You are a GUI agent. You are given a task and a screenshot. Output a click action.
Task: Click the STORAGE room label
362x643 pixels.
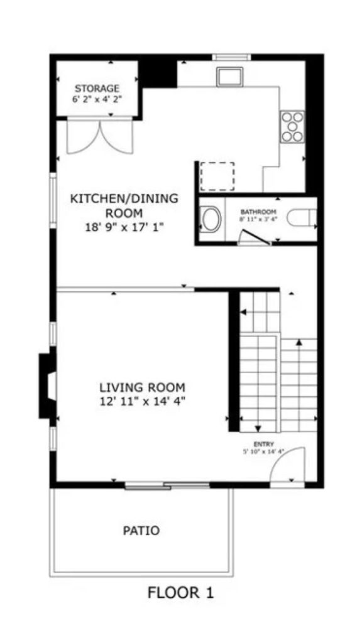pos(97,88)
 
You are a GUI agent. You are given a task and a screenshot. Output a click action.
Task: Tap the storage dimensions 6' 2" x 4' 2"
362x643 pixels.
pos(97,99)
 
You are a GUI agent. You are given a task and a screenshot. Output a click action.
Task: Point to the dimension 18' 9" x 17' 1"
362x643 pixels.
pos(124,228)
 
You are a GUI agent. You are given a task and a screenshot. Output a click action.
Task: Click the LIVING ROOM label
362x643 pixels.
pos(143,387)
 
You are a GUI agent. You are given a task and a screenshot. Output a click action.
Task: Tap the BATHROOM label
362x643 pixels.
pos(258,212)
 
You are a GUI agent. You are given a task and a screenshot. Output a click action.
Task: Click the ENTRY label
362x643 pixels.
pos(263,444)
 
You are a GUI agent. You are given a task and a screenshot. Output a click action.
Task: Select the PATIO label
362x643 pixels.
pos(141,531)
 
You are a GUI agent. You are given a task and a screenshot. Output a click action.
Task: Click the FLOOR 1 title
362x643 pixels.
pos(181,592)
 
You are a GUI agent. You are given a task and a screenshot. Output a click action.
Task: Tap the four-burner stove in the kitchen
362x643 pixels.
pos(292,126)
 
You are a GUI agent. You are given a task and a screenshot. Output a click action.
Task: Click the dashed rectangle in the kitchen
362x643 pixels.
pos(217,176)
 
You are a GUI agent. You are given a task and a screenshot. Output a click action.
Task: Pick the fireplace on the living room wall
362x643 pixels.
pos(48,386)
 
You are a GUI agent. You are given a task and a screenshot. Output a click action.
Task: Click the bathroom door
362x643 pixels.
pos(256,237)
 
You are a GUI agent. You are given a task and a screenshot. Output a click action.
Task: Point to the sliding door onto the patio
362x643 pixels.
pos(167,485)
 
